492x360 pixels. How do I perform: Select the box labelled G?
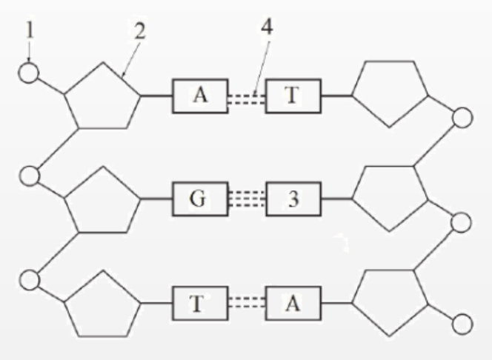pos(199,200)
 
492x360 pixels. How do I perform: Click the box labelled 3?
pos(293,200)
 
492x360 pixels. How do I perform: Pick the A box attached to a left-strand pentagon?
pos(199,96)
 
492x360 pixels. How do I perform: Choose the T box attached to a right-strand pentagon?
pos(293,96)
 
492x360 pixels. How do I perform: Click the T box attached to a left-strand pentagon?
pos(199,304)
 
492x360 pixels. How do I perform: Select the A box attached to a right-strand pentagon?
pos(293,304)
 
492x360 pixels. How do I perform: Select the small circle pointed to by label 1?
pos(28,73)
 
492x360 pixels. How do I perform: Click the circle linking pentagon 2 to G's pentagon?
pos(29,176)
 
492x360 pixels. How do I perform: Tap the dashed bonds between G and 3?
pos(246,200)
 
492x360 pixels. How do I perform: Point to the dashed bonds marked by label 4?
pos(246,97)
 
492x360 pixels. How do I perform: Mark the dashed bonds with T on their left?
pos(246,304)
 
